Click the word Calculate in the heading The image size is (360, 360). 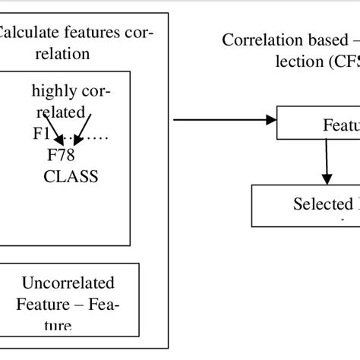tap(27, 33)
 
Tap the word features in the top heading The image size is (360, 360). tap(90, 33)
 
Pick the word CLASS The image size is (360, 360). tap(70, 176)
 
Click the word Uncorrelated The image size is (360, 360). tap(68, 283)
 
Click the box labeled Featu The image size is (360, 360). tap(317, 122)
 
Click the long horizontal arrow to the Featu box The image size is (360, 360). tap(224, 118)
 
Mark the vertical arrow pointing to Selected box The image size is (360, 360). tap(326, 161)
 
